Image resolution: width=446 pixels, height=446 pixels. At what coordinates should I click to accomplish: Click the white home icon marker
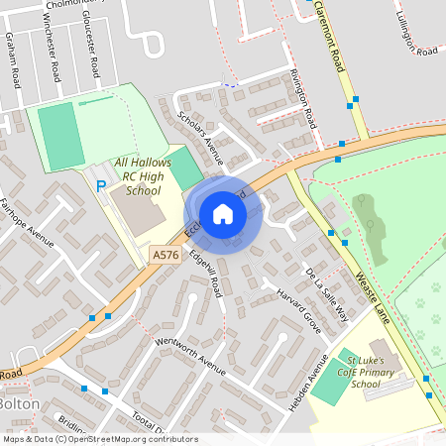[223, 213]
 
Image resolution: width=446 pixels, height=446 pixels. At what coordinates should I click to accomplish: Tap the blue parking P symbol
[100, 185]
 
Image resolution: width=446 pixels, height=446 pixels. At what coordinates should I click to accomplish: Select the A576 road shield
[165, 256]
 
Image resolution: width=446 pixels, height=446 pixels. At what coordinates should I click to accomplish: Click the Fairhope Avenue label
[26, 223]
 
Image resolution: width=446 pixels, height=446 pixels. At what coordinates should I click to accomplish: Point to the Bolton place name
[18, 404]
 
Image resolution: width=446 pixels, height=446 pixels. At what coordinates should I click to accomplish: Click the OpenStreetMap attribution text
[100, 439]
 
